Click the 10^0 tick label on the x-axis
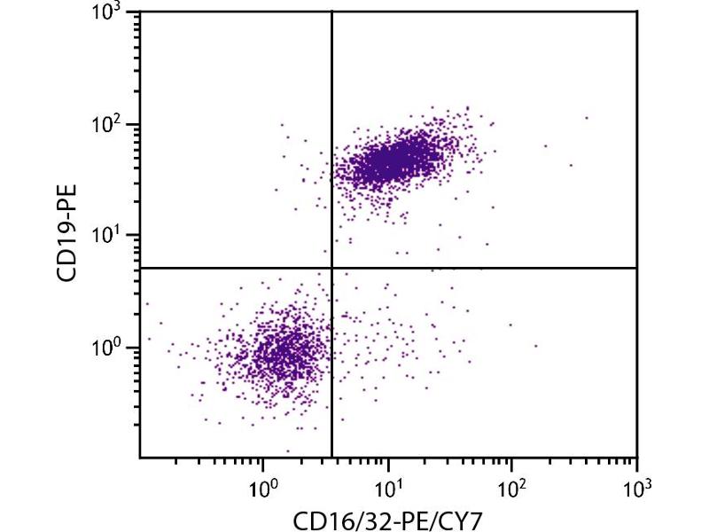click(262, 486)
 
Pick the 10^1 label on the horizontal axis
click(387, 486)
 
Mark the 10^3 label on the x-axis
click(636, 486)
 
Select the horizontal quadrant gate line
click(487, 268)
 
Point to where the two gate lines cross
click(331, 268)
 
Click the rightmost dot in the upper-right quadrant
click(587, 117)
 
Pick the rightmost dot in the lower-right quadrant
click(536, 346)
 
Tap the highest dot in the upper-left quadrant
click(283, 125)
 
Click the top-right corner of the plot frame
click(637, 12)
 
